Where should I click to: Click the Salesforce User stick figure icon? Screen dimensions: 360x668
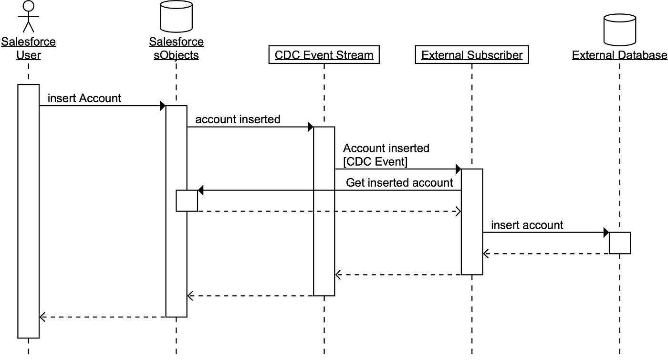click(28, 16)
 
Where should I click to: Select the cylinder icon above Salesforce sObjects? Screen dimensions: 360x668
click(176, 16)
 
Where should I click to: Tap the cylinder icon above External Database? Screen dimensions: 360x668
click(620, 30)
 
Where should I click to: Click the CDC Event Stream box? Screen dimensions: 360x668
click(324, 55)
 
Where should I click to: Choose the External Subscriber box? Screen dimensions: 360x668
click(472, 55)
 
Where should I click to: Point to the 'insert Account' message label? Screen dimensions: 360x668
click(84, 98)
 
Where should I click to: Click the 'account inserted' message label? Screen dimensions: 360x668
click(238, 119)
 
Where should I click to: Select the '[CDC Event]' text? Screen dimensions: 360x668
click(375, 162)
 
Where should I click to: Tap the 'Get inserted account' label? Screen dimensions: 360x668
click(399, 182)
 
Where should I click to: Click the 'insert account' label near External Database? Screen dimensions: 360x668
click(527, 225)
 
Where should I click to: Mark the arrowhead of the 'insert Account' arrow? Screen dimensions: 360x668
click(162, 106)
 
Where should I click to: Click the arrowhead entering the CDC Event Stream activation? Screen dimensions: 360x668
click(310, 127)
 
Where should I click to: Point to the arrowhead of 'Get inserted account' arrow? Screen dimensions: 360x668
click(201, 191)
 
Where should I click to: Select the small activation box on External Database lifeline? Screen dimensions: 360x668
click(620, 243)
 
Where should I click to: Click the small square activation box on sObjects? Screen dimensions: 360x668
click(187, 201)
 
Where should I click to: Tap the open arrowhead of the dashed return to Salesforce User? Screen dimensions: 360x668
click(42, 317)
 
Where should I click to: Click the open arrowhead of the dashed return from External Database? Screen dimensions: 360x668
click(486, 254)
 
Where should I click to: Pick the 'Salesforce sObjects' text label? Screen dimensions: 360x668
click(176, 48)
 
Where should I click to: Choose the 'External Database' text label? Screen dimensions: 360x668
click(620, 55)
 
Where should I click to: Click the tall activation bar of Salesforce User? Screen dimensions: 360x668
click(28, 211)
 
